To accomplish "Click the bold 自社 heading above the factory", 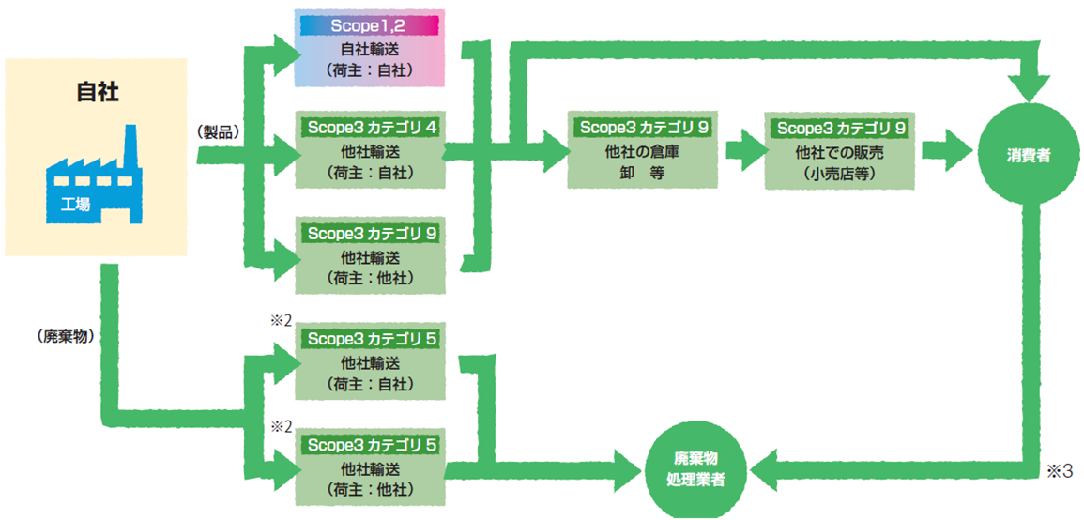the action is (95, 94).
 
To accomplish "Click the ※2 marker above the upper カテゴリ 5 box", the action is (282, 322).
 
